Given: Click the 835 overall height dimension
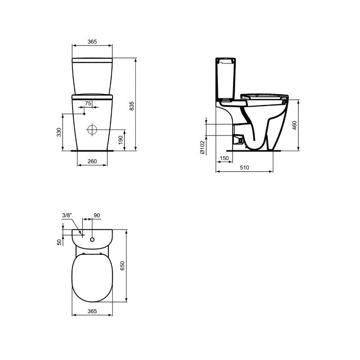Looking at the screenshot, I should tap(132, 105).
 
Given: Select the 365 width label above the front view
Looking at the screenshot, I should tap(92, 41).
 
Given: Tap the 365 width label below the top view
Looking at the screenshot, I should tap(92, 311).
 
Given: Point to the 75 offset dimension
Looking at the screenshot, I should tap(88, 103).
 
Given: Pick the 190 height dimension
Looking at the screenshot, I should tap(120, 140).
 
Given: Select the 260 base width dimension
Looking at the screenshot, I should tap(92, 161).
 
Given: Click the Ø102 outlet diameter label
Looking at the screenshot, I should tap(202, 147).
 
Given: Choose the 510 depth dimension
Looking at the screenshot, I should tap(244, 168).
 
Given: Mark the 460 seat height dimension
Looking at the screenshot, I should tap(295, 125).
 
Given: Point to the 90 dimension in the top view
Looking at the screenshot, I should tap(96, 216).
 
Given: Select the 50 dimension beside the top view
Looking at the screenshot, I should tap(59, 242).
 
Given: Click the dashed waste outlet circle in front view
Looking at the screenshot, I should tap(92, 130).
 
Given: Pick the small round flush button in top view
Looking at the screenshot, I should tap(92, 239).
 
